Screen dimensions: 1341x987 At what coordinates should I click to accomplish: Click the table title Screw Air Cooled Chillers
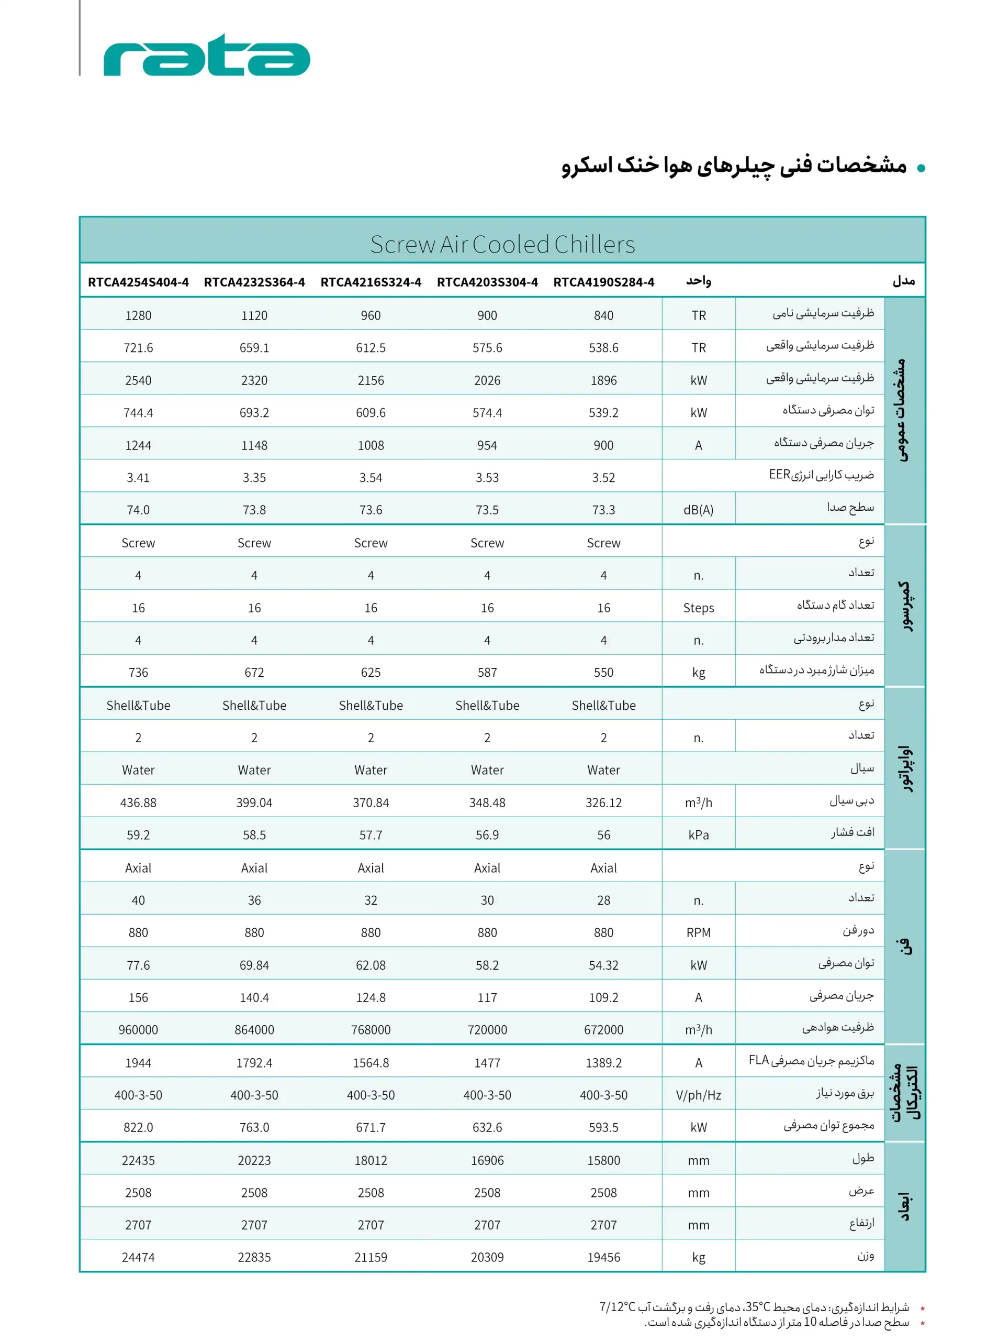click(x=502, y=245)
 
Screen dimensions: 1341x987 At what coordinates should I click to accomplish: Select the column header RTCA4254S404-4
click(x=138, y=282)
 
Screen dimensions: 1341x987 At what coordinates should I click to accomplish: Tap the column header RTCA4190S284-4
click(x=603, y=282)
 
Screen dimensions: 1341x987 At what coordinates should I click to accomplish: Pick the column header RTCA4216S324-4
click(x=371, y=282)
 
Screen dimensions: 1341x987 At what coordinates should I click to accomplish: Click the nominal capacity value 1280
click(x=138, y=316)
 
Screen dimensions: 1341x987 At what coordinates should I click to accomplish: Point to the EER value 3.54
click(x=371, y=478)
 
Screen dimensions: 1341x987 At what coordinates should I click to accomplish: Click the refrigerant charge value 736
click(x=138, y=673)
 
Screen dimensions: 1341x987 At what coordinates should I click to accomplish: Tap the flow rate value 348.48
click(x=487, y=803)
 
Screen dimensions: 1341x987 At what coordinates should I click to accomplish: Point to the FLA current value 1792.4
click(x=254, y=1063)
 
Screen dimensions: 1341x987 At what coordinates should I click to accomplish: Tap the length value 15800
click(x=603, y=1160)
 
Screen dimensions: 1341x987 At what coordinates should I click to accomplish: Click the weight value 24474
click(x=138, y=1257)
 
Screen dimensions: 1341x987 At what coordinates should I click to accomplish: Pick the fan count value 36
click(x=254, y=900)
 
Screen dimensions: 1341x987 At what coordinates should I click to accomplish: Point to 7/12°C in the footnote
click(x=617, y=1307)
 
